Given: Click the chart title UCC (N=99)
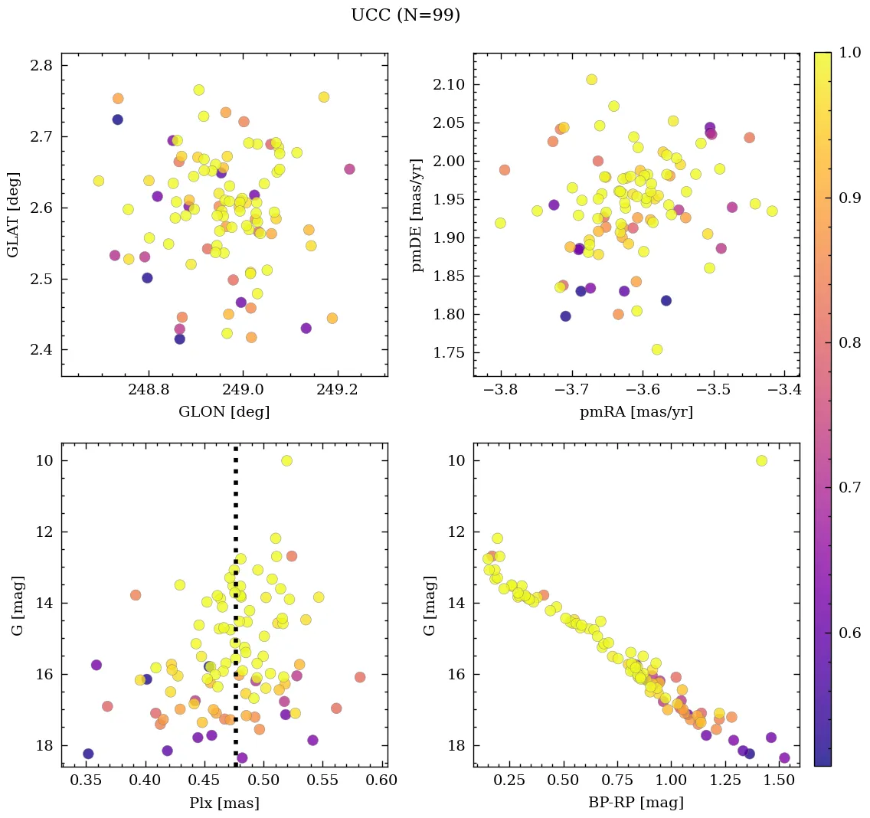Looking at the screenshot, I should tap(405, 15).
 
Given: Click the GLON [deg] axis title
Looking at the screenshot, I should tap(224, 412).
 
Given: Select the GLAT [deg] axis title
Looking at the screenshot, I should tap(13, 214).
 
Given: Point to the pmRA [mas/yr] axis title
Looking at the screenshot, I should tap(637, 412).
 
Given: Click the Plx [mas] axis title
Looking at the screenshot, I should tap(224, 803).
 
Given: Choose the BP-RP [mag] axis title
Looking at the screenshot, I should tap(637, 803).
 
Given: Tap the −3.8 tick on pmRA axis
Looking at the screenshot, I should tap(501, 390).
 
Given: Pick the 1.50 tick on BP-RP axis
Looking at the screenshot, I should tap(778, 780).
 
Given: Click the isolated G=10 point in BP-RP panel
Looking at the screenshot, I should tap(761, 460).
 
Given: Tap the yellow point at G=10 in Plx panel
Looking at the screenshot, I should tap(286, 460).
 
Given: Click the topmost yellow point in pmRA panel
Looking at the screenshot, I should tap(591, 80).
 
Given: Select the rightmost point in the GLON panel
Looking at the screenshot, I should tap(349, 169).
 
